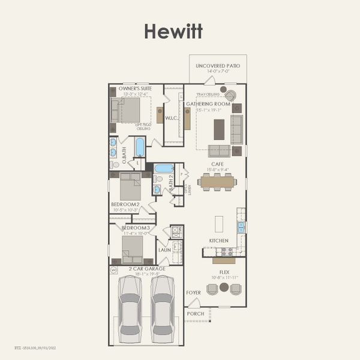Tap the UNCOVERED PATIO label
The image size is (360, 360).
[217, 65]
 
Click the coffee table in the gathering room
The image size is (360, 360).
[219, 129]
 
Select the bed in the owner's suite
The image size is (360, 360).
[126, 110]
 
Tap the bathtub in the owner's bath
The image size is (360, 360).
[140, 147]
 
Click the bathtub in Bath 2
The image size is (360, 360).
[164, 169]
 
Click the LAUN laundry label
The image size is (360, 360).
[164, 250]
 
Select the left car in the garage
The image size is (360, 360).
[130, 305]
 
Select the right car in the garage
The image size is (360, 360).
[163, 305]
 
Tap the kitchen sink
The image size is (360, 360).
[241, 227]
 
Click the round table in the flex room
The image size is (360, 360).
[224, 287]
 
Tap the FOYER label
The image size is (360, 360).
[193, 293]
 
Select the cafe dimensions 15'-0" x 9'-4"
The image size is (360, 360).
[217, 169]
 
